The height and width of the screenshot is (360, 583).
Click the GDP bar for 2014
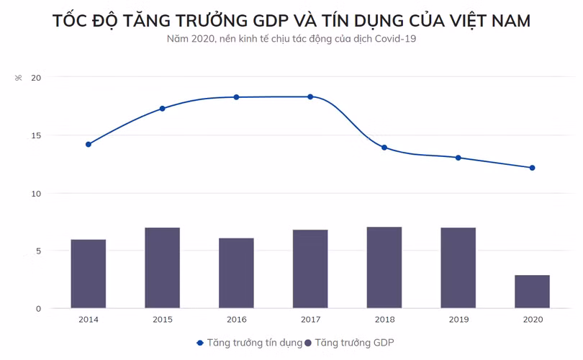click(x=89, y=274)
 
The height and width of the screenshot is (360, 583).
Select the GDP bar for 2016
click(x=236, y=273)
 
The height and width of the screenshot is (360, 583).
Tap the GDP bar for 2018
click(x=384, y=268)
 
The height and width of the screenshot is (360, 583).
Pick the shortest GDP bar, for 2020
click(x=532, y=292)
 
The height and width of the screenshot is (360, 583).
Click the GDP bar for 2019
click(x=458, y=268)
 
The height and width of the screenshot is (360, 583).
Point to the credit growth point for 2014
click(x=89, y=144)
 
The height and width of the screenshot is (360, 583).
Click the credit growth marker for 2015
click(x=162, y=109)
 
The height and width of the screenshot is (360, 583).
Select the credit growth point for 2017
click(x=310, y=96)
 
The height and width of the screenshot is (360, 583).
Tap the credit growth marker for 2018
click(x=384, y=148)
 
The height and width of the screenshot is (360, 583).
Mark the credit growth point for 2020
click(x=532, y=168)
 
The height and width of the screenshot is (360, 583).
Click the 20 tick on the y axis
click(x=36, y=78)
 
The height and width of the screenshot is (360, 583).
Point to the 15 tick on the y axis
click(x=36, y=135)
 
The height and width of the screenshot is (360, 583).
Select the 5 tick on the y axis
click(x=37, y=251)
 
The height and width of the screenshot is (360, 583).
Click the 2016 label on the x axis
click(x=236, y=319)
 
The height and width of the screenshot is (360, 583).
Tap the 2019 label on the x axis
click(x=458, y=319)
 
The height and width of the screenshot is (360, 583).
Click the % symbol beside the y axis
click(x=19, y=78)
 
